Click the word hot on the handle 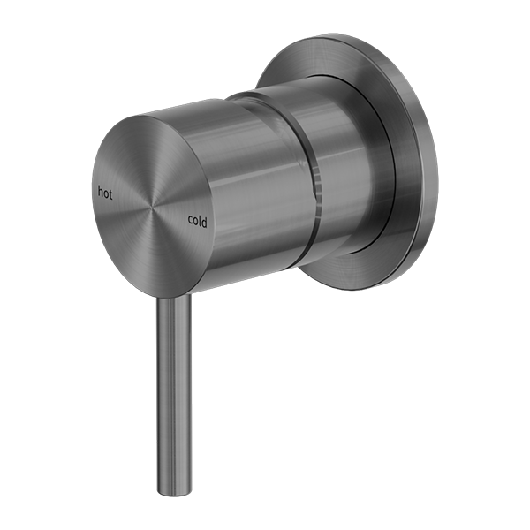[105, 191]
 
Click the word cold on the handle [198, 222]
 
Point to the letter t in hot [111, 192]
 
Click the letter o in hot [105, 192]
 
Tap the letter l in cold [201, 222]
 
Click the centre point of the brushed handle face [156, 208]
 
